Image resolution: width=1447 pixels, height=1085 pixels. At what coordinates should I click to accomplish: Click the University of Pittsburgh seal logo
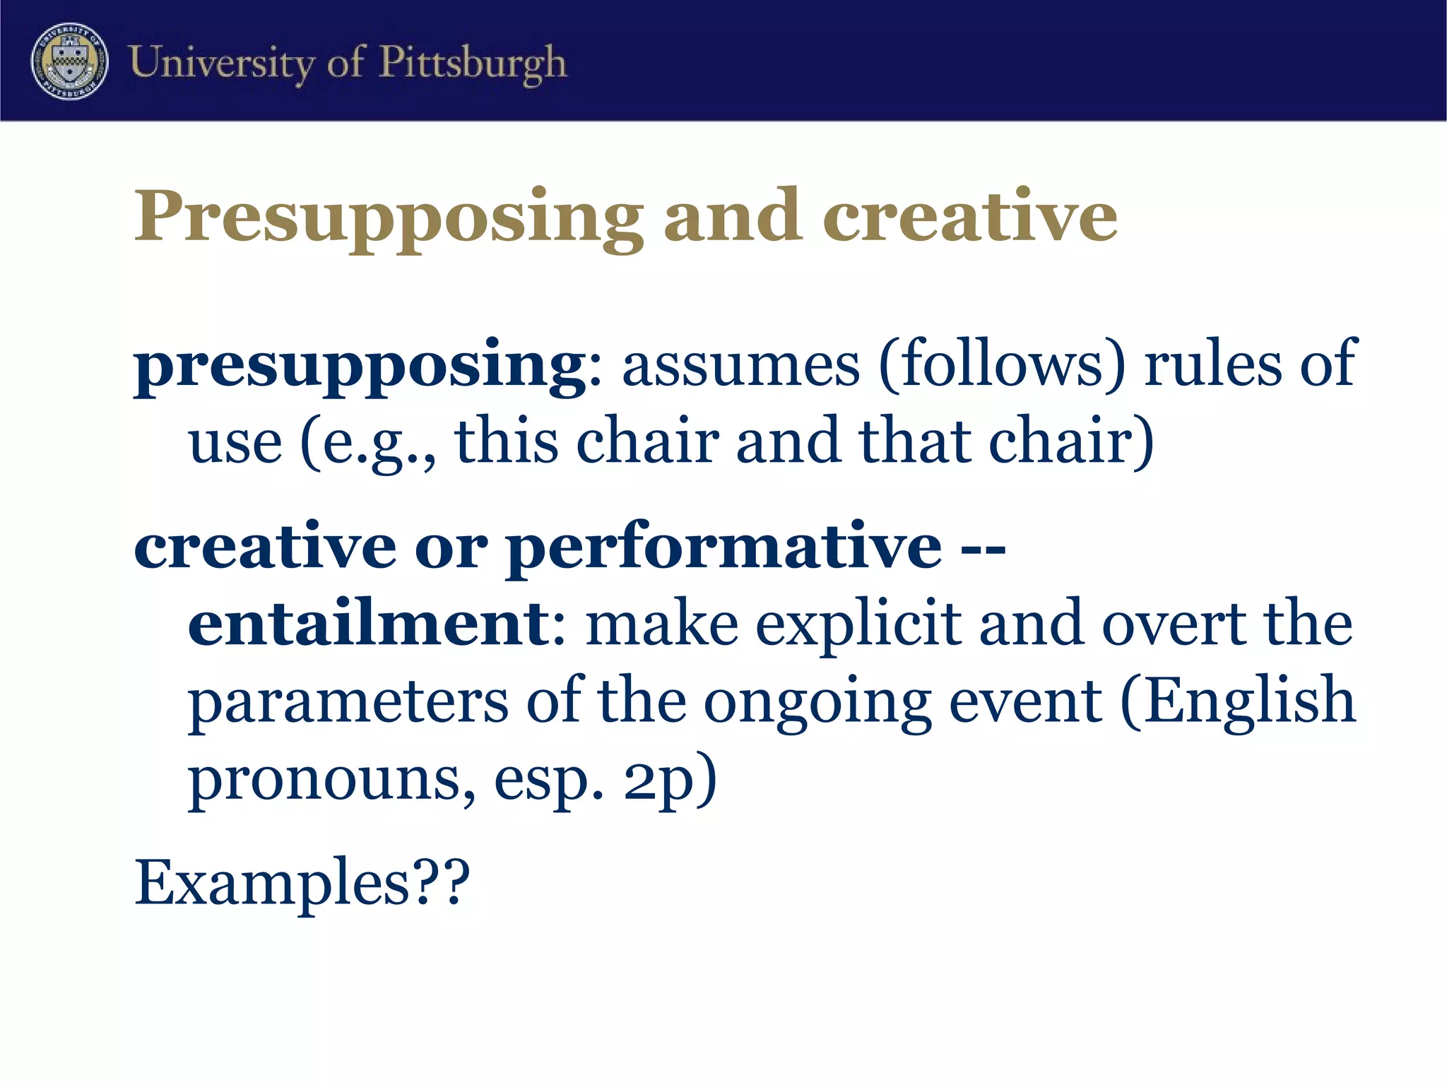click(x=69, y=61)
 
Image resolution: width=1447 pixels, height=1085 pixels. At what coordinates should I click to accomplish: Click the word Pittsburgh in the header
click(x=473, y=62)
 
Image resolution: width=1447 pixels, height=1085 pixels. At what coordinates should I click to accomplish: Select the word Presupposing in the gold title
click(x=388, y=217)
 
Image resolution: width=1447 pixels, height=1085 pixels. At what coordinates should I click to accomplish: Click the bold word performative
click(x=724, y=548)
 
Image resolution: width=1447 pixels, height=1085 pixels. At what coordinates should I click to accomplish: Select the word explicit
click(x=858, y=624)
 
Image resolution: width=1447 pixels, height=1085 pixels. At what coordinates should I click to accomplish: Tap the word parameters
click(x=348, y=702)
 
